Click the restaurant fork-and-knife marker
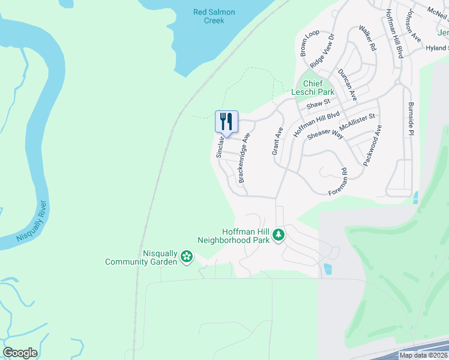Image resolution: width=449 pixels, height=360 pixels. [x=226, y=122]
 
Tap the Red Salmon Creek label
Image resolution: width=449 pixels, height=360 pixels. [x=214, y=16]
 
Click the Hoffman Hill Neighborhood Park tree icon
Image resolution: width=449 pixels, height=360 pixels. [x=278, y=235]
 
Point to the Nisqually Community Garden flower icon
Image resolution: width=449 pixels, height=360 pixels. [x=187, y=257]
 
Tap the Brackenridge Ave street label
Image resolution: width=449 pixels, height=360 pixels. [x=244, y=158]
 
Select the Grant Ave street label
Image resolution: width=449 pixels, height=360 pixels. [x=277, y=141]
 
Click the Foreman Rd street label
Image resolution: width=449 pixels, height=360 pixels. [x=339, y=181]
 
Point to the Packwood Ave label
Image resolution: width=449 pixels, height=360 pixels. [x=372, y=146]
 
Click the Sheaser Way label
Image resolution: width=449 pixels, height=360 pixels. [x=325, y=136]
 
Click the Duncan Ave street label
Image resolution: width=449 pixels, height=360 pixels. [x=347, y=84]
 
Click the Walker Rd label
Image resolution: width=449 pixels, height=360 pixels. [x=367, y=38]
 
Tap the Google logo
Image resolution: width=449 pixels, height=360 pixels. [x=20, y=353]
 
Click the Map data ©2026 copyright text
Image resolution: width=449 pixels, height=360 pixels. [x=423, y=355]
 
